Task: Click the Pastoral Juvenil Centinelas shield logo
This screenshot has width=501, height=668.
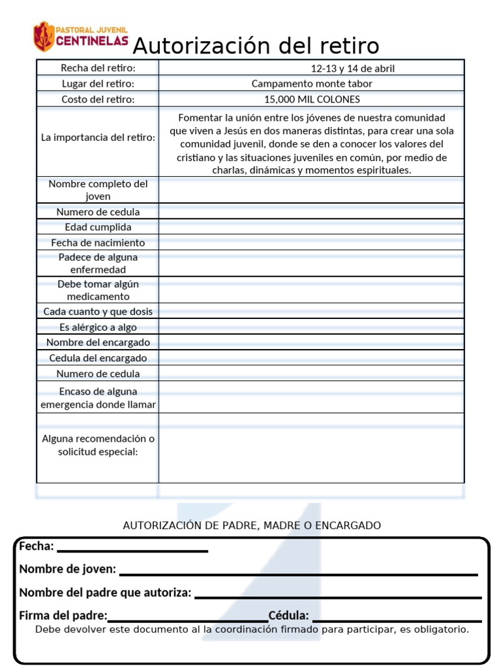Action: (44, 37)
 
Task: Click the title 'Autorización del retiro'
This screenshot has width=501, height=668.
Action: (256, 46)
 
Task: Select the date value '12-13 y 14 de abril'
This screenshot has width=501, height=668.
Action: (352, 68)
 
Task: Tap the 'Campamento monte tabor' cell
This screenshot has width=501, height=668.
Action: (312, 83)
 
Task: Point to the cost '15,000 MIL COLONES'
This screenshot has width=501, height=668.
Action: (312, 99)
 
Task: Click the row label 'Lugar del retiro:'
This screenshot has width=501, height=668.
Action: (98, 83)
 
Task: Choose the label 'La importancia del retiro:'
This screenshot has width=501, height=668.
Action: (98, 138)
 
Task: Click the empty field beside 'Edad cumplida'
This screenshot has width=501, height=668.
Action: (311, 227)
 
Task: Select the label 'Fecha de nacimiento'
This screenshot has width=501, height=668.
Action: (98, 243)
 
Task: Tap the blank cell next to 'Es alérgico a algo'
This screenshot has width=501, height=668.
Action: (311, 327)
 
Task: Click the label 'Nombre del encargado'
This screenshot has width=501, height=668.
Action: (98, 342)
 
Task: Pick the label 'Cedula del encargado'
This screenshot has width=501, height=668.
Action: (98, 358)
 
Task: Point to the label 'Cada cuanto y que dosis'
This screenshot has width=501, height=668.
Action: (98, 312)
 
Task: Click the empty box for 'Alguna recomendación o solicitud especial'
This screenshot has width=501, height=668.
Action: (311, 448)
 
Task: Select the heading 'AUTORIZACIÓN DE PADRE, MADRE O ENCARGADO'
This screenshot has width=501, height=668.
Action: (252, 525)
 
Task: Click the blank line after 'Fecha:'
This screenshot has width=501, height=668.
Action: (132, 549)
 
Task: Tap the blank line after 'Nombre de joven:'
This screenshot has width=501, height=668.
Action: (299, 572)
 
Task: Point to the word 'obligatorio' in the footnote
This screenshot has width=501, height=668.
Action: (441, 630)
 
